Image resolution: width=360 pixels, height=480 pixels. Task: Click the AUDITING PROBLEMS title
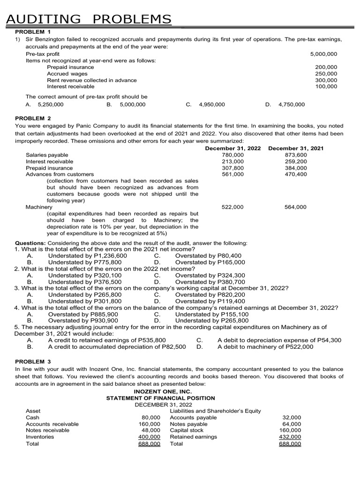coord(88,19)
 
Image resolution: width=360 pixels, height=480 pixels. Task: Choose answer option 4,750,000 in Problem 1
coord(291,105)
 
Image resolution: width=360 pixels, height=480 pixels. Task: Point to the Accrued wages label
coord(67,74)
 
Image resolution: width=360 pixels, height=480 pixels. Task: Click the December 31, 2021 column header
coord(296,148)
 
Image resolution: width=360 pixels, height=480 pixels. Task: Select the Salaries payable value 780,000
coord(232,155)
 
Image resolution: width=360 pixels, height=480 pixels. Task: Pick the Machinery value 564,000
coord(295,207)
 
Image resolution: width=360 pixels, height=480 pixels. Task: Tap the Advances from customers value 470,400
coord(295,174)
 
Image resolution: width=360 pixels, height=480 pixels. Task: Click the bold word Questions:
coord(30,243)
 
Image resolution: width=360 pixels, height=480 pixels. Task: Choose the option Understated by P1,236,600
coord(87,256)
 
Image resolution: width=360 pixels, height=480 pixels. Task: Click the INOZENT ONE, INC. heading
coord(161,391)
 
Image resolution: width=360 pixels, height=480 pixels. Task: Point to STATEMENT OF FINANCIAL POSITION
coord(161,398)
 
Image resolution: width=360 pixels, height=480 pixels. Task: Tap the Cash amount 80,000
coord(151,417)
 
